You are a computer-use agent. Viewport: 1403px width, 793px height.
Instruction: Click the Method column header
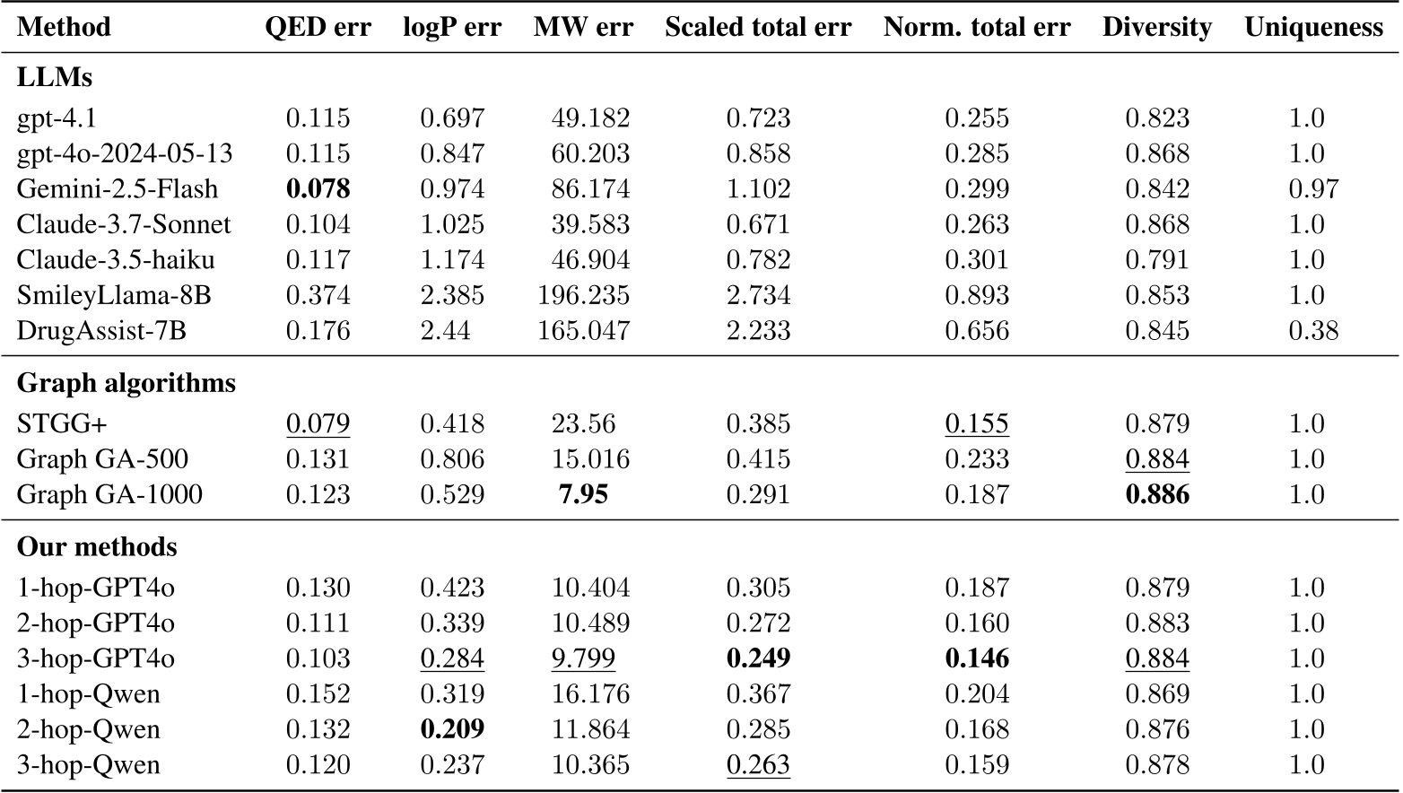click(64, 27)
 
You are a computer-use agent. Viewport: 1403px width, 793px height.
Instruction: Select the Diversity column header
click(1156, 27)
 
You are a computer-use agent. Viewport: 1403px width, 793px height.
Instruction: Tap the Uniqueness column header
click(1313, 27)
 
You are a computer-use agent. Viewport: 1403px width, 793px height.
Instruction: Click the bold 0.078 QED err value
click(318, 189)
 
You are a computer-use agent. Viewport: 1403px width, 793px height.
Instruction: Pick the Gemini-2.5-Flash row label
click(118, 189)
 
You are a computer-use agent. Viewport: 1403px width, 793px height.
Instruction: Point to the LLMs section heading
click(54, 77)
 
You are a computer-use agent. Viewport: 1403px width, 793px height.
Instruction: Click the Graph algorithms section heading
click(126, 383)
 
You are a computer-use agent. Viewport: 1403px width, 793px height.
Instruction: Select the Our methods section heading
click(97, 547)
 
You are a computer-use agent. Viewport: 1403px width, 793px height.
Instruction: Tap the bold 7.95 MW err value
click(583, 494)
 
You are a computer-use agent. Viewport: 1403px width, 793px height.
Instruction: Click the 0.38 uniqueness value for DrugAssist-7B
click(1313, 331)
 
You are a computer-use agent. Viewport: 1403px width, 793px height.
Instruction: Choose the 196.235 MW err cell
click(583, 295)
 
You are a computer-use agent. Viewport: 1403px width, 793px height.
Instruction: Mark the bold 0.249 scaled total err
click(758, 658)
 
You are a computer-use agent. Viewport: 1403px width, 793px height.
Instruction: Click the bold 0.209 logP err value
click(452, 729)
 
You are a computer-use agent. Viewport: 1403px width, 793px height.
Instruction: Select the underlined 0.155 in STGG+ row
click(976, 423)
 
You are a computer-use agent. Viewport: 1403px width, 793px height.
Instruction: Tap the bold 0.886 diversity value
click(1157, 494)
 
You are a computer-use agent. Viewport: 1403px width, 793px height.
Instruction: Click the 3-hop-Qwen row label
click(88, 765)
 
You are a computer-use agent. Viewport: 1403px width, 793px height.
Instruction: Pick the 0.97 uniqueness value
click(1313, 189)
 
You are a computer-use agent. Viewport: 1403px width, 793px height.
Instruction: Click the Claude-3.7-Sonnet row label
click(124, 224)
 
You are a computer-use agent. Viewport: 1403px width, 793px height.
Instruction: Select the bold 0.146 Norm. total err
click(976, 658)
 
